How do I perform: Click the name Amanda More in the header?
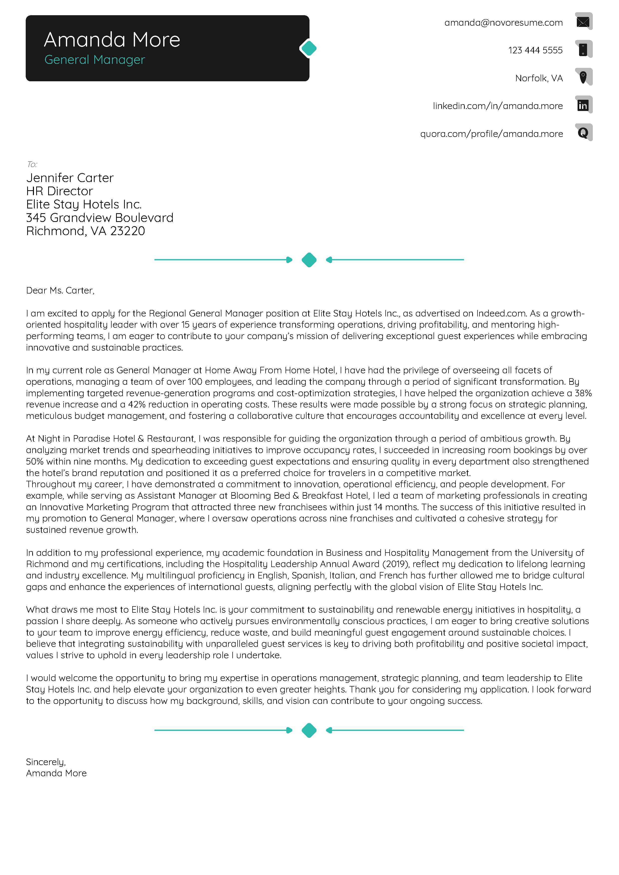pos(112,40)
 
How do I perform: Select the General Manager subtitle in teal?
pos(95,60)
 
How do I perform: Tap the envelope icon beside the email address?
pos(583,22)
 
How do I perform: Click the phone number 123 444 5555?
pos(535,50)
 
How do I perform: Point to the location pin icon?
pos(583,77)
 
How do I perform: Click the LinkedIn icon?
pos(583,105)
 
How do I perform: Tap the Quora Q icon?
pos(583,133)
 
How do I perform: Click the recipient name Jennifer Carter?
pos(70,178)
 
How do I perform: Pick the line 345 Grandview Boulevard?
pos(100,218)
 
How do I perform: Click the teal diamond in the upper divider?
pos(309,260)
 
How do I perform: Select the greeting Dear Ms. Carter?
pos(60,291)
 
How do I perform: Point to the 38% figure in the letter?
pos(583,393)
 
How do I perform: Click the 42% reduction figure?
pos(137,404)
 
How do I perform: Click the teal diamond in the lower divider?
pos(309,730)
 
